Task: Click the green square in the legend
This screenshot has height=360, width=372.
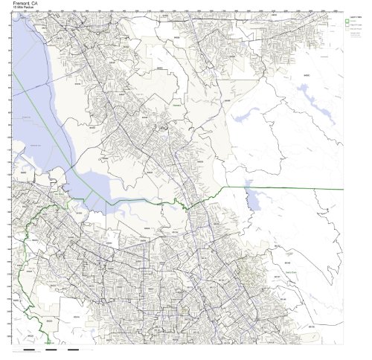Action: tap(347, 21)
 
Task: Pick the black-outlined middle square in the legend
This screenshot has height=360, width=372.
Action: tap(347, 25)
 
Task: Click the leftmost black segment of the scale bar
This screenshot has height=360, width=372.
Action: tap(30, 348)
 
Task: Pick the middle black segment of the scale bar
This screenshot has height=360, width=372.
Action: tap(51, 348)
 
